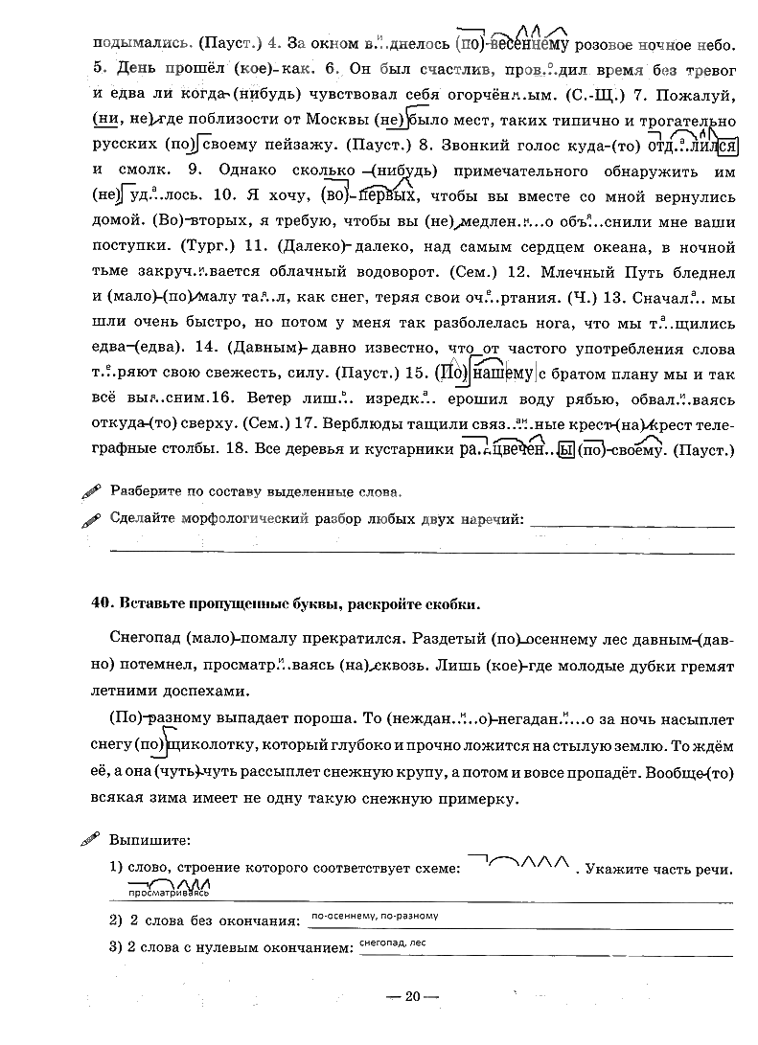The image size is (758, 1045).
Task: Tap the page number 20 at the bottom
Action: coord(413,997)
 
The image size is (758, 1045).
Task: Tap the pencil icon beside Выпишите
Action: coord(91,840)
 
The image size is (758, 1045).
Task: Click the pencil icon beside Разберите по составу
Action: coord(91,491)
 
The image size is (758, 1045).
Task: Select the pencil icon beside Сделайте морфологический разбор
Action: coord(91,520)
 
